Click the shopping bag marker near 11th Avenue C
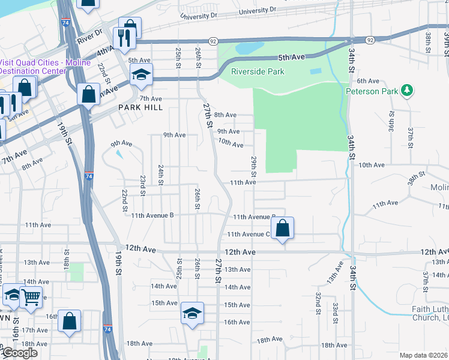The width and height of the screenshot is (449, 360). click(x=282, y=228)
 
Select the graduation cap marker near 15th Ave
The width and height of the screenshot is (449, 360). click(x=192, y=314)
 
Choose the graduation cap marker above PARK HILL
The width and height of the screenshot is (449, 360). click(x=142, y=74)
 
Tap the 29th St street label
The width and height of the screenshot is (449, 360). click(x=254, y=167)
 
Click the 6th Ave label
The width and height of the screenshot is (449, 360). click(x=369, y=81)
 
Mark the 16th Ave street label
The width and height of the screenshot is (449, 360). click(x=237, y=322)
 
